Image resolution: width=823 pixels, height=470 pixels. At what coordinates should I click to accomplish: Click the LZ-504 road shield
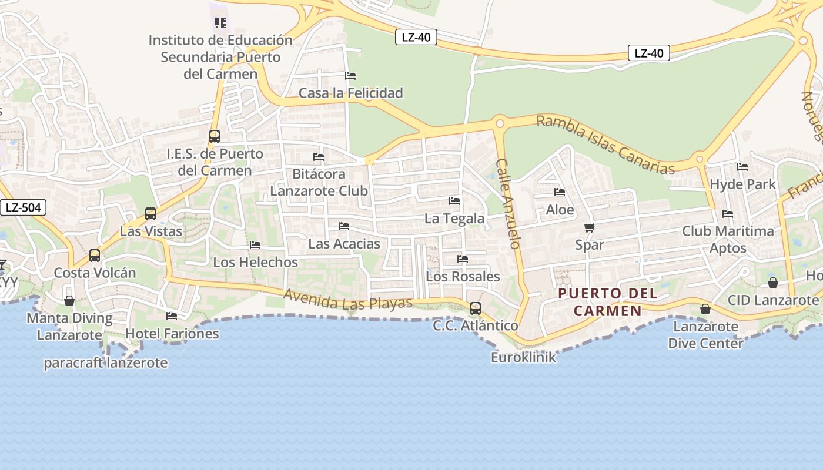(x=22, y=207)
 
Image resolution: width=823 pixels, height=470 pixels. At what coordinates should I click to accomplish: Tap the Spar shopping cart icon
(x=589, y=228)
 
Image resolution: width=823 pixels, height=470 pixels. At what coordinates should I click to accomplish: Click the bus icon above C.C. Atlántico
(x=475, y=308)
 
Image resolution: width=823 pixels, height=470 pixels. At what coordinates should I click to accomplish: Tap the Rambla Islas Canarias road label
(x=605, y=145)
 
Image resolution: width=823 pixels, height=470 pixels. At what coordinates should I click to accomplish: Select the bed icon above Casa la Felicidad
(x=350, y=76)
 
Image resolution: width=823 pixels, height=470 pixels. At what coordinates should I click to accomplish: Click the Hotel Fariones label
(x=172, y=334)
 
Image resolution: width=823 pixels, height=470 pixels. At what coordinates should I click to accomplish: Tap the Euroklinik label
(x=523, y=357)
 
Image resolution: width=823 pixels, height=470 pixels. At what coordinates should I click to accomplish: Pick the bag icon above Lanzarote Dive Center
(x=705, y=309)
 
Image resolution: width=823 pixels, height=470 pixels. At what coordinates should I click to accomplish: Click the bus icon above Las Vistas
(x=150, y=214)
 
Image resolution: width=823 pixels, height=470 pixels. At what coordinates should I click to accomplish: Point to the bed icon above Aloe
(x=560, y=192)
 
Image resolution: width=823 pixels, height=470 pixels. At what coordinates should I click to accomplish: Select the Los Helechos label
(x=255, y=262)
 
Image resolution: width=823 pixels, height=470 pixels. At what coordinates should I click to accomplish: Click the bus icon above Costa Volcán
(x=95, y=256)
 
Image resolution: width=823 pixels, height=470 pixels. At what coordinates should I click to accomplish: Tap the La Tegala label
(x=454, y=219)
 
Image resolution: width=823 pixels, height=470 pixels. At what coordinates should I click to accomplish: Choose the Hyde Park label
(x=742, y=184)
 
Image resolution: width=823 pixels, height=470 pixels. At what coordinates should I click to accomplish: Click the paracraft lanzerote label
(x=106, y=363)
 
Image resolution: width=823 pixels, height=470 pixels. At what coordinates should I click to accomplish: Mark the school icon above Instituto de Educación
(x=220, y=23)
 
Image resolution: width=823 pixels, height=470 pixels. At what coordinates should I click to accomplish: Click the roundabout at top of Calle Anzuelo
(x=500, y=123)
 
